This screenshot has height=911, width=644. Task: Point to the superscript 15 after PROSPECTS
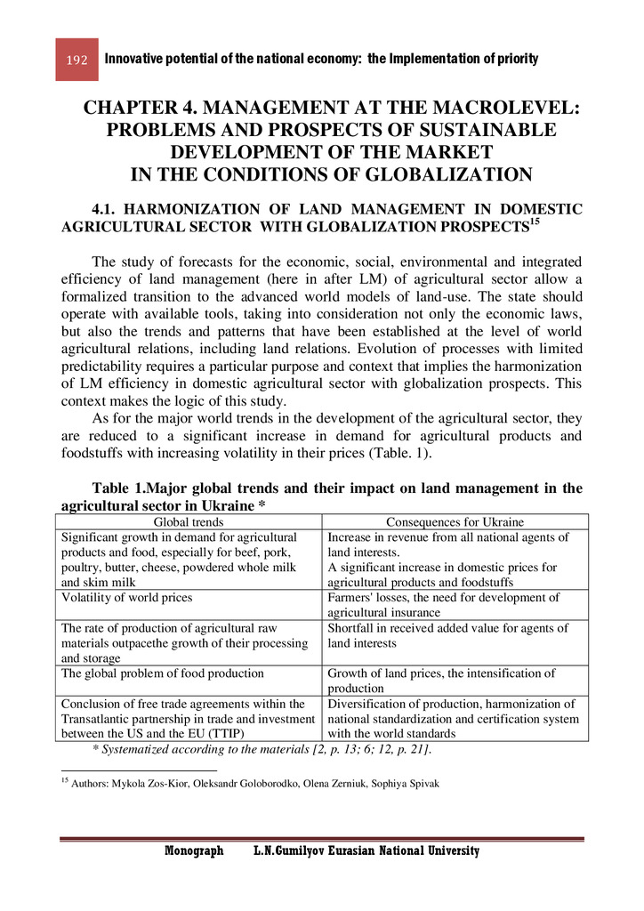[534, 222]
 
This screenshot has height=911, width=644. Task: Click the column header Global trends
[189, 522]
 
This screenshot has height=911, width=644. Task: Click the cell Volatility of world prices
[126, 598]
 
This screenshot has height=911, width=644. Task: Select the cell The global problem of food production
[162, 673]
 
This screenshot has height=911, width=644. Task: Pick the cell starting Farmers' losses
[444, 605]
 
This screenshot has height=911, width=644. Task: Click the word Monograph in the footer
[194, 851]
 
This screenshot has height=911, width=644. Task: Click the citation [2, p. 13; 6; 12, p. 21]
[358, 751]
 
